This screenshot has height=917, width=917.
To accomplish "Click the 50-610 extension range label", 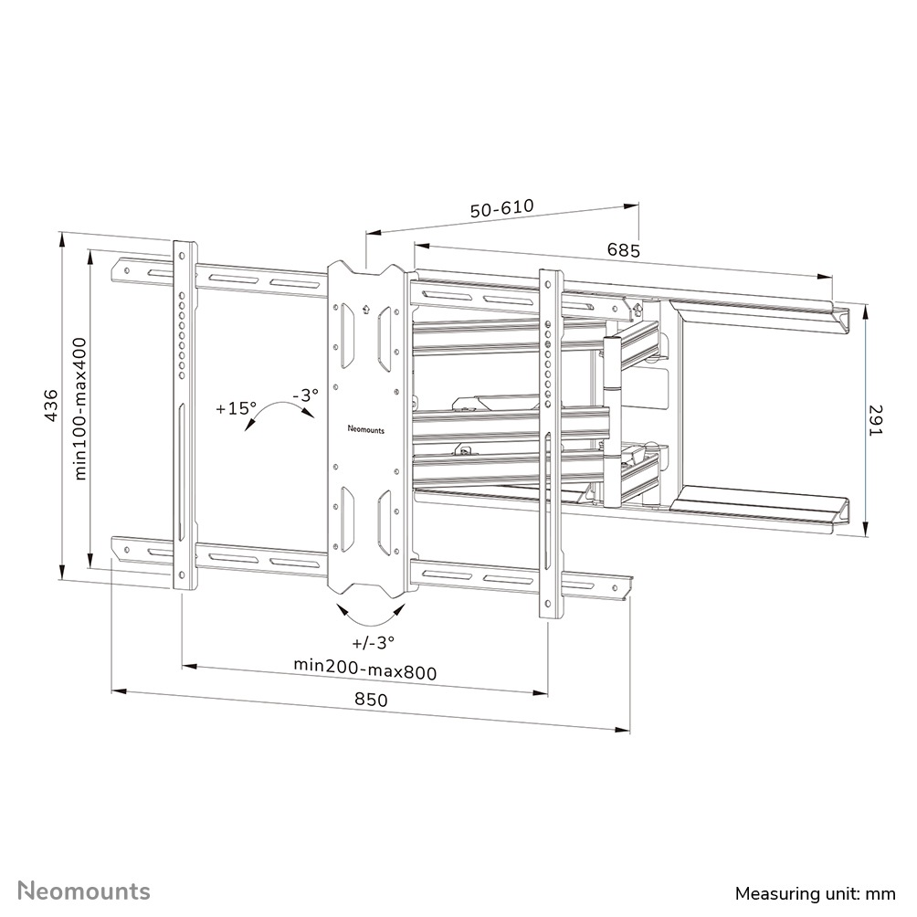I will pos(501,209).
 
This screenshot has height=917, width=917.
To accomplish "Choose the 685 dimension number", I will pos(624,249).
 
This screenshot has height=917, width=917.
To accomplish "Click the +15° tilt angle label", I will pos(237,408).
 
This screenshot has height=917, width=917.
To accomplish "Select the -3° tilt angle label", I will pos(305,395).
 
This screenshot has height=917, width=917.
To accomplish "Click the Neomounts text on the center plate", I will pos(365,427).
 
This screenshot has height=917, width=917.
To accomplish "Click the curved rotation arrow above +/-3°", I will pos(370,610).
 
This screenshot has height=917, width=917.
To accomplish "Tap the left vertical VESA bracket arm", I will pos(184,416).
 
